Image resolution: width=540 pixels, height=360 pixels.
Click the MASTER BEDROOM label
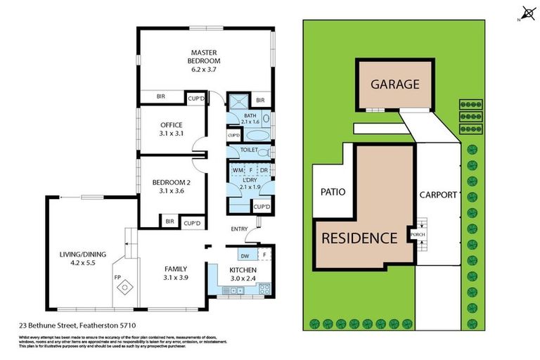205,56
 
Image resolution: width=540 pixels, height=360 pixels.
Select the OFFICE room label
172,125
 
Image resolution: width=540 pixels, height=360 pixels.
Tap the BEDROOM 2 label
172,182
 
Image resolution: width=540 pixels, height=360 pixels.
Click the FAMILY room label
175,269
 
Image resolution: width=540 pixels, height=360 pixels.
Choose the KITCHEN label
243,270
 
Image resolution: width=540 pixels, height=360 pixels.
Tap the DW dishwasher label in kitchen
244,255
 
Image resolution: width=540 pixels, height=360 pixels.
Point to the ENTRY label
240,229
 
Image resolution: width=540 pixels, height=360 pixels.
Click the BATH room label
250,116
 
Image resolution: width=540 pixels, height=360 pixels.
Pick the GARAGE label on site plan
394,84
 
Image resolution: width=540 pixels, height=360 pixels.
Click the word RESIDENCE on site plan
359,238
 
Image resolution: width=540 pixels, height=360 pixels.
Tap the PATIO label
332,191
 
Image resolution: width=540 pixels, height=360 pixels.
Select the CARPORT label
438,195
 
